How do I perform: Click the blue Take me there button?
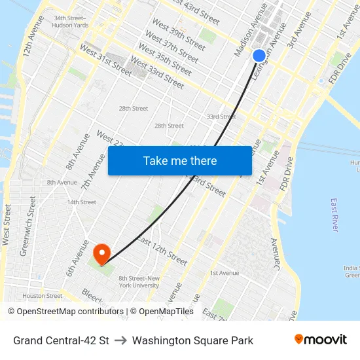[x=180, y=160]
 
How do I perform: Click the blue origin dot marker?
[x=259, y=56]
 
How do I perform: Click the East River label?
[x=334, y=214]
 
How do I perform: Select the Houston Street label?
[x=43, y=296]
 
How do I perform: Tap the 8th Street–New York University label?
[x=139, y=282]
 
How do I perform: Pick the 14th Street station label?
[x=82, y=202]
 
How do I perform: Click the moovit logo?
[x=320, y=340]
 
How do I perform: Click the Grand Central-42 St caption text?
[x=61, y=340]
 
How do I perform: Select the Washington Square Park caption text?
[x=192, y=340]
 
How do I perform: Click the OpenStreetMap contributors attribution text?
[x=67, y=312]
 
